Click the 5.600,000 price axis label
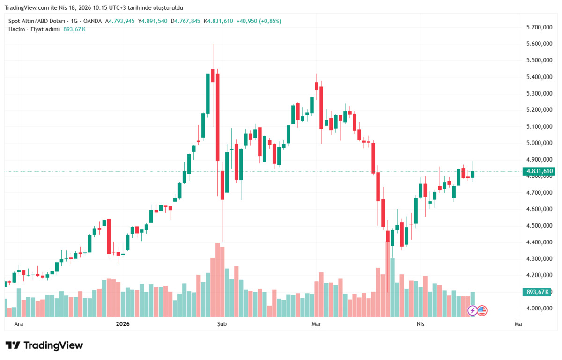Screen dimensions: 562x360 tap(539, 44)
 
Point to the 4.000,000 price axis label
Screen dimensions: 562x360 tap(539, 309)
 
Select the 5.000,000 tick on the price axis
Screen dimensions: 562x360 tap(539, 143)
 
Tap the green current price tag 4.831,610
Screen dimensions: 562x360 tap(539, 171)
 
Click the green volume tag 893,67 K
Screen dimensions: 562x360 tap(537, 292)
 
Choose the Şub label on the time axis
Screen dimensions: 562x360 tap(222, 324)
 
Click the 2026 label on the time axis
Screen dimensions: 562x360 tap(123, 324)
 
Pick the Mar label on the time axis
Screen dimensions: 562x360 tap(317, 324)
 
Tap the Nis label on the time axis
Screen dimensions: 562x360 tap(421, 324)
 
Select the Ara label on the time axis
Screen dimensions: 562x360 tap(19, 324)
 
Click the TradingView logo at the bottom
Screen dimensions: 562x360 tap(44, 345)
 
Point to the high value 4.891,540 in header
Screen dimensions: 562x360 tap(154, 21)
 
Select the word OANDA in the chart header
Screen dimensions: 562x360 tap(92, 21)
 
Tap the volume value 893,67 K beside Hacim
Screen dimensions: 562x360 tap(74, 29)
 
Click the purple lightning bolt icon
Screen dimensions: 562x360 tap(473, 310)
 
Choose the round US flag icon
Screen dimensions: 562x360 tap(482, 310)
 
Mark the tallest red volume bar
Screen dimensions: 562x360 tap(217, 280)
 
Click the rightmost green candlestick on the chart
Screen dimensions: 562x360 tap(473, 174)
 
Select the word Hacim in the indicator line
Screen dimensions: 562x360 tap(17, 29)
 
